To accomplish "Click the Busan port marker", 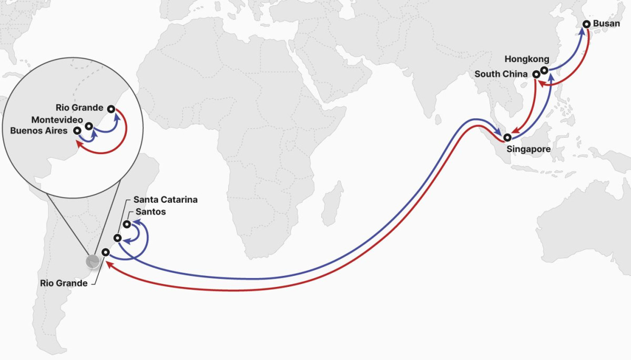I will [x=586, y=24].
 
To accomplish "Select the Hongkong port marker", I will [x=544, y=70].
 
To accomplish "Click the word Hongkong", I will [x=526, y=59].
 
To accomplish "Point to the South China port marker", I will [x=535, y=75].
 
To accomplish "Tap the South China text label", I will [x=502, y=74].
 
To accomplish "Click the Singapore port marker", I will [x=507, y=138].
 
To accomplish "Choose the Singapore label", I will [x=528, y=149].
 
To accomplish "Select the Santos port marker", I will [x=127, y=224].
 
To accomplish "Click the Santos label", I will [x=150, y=212].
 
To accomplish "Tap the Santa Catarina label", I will [x=165, y=200].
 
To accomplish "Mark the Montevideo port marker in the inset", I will [x=89, y=126].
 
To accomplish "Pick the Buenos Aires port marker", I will [x=77, y=130].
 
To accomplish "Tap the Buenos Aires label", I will [x=39, y=130].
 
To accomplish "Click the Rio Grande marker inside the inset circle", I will [x=110, y=109].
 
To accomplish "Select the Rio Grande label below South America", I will [x=64, y=283].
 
